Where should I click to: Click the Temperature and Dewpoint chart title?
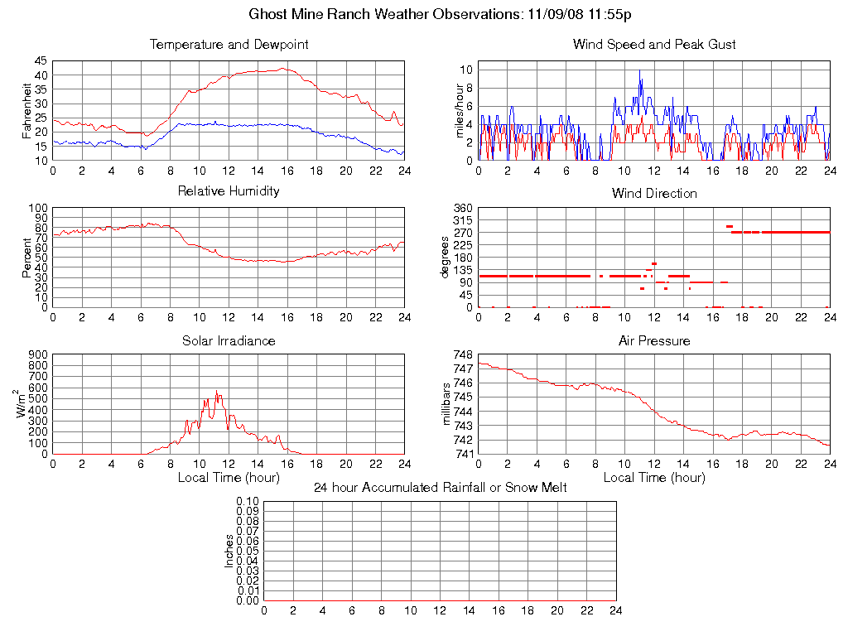(229, 45)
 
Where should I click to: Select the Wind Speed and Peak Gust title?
(654, 45)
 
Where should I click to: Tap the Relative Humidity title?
(229, 191)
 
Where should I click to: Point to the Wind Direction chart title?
(654, 194)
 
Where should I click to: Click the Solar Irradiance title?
(229, 341)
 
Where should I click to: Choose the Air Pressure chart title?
(654, 341)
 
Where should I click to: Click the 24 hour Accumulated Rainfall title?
(440, 488)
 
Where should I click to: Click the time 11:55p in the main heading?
(611, 15)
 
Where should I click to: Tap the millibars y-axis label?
(448, 404)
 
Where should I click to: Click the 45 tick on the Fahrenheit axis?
(41, 61)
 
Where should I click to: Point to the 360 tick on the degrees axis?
(462, 208)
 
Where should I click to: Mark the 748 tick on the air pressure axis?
(462, 354)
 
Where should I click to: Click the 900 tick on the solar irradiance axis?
(38, 354)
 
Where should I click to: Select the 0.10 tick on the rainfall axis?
(248, 502)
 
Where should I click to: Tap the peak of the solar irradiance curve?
(216, 392)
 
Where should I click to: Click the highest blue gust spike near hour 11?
(640, 70)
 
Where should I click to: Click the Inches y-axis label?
(229, 551)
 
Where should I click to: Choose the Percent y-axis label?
(28, 258)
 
